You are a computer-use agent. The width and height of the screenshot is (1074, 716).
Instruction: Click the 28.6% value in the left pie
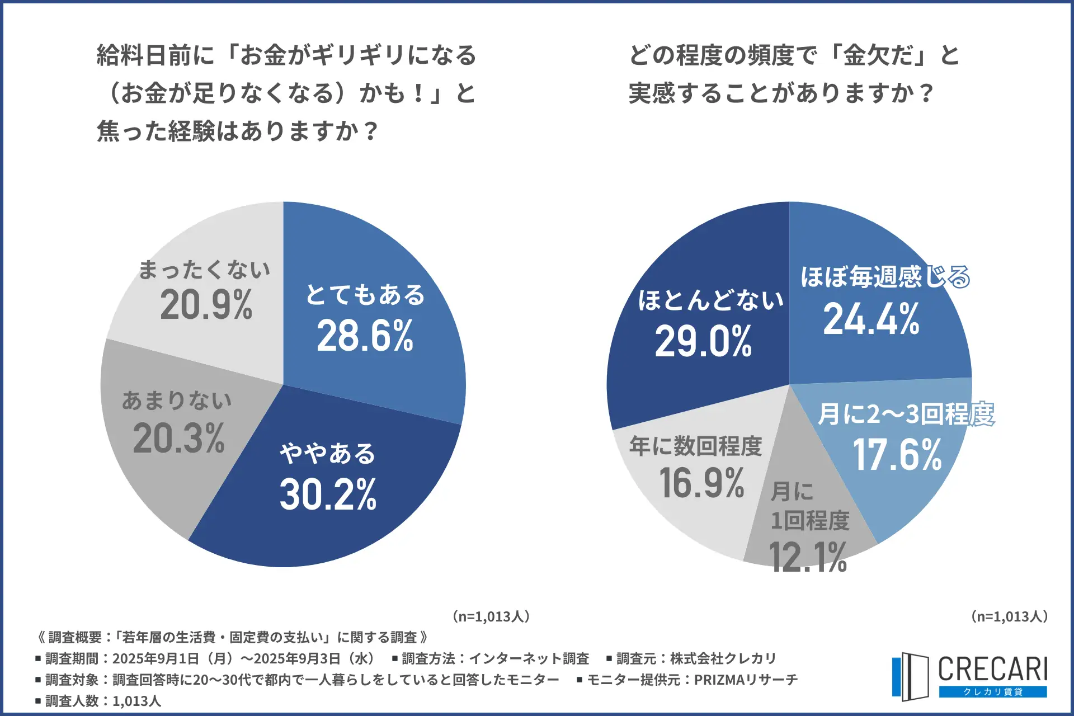pos(365,336)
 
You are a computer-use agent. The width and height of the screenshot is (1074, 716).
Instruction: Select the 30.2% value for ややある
pos(328,494)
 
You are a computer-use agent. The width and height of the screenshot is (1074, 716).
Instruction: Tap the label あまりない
pos(177,401)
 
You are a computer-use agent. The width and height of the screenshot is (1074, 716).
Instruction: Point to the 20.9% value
pos(206,305)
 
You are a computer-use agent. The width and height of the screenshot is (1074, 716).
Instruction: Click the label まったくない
pos(205,270)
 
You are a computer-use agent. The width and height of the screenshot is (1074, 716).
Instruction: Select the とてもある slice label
pos(365,295)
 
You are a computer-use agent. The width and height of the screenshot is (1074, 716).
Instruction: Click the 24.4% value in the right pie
pos(871,319)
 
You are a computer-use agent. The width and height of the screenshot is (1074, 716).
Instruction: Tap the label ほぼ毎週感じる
pos(885,276)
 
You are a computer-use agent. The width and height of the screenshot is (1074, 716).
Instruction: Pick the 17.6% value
pos(897,455)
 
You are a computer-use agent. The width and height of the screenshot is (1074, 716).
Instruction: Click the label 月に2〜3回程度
pos(906,414)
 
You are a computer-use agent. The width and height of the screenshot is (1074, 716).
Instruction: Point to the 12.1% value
pos(808,557)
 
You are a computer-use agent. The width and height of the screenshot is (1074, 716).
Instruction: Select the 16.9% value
pos(701,483)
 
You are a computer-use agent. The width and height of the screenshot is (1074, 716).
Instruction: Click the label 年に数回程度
pos(695,446)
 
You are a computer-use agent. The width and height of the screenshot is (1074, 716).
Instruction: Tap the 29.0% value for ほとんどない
pos(703,341)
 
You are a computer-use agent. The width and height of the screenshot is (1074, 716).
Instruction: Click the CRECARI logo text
pos(992,669)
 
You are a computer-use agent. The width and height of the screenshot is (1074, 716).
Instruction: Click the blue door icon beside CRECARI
pos(910,676)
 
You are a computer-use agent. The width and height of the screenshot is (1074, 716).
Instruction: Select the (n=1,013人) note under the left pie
pos(491,616)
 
